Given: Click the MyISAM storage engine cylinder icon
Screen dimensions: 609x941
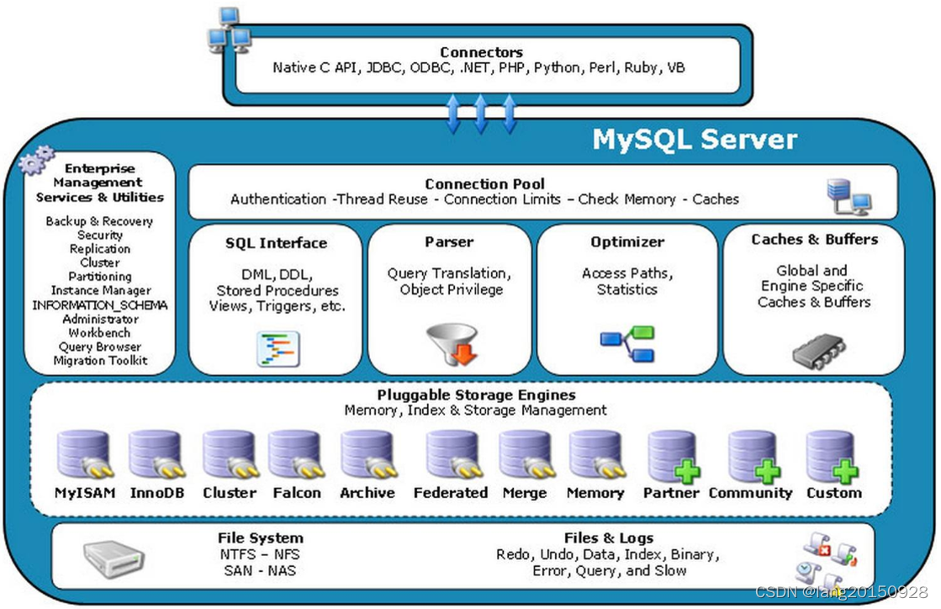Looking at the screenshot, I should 83,455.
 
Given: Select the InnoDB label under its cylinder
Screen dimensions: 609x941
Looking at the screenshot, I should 156,493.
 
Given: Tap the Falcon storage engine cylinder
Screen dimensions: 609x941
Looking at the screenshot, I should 295,455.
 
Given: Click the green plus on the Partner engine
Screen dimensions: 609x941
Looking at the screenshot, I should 687,471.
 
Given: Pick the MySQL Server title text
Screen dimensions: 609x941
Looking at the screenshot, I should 695,138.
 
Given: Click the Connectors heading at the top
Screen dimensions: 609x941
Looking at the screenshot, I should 481,52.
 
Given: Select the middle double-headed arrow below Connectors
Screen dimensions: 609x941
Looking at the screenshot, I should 481,114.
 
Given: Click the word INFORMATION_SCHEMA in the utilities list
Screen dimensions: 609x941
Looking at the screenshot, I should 100,305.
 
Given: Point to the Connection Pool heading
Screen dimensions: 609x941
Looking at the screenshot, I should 484,183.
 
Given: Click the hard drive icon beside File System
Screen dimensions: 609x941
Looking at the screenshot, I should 114,557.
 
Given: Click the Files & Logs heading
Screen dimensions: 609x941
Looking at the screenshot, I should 609,538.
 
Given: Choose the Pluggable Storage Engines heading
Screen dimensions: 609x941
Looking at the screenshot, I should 476,395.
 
